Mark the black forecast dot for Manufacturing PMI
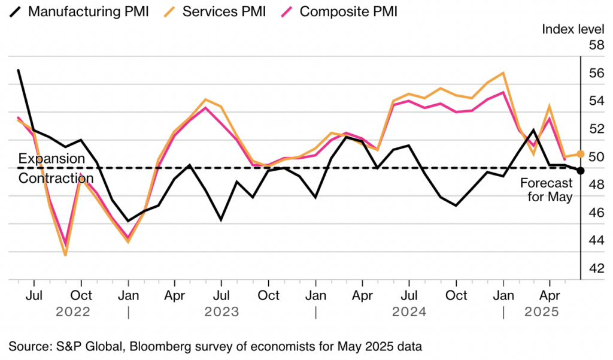581,171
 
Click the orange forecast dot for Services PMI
581,154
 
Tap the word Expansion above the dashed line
51,159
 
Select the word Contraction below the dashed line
56,178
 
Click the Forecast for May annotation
546,190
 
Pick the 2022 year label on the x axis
73,312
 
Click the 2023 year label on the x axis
221,312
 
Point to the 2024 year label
409,312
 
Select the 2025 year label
541,312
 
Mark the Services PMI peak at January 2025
503,72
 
